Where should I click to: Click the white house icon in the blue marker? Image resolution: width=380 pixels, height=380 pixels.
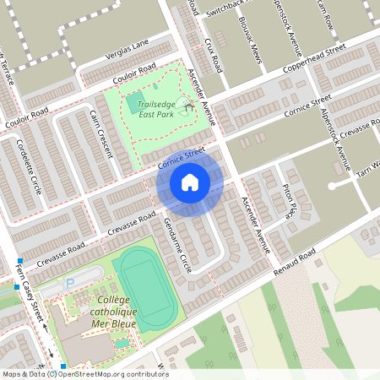pos(190,182)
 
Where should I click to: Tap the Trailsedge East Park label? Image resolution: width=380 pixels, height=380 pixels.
pos(156,107)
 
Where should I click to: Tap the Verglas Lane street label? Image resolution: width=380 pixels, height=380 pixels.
pos(127,46)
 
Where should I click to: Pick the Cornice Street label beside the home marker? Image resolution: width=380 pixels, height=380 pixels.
pos(181,157)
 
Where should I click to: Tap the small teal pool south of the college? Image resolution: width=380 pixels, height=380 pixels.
pos(122,343)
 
